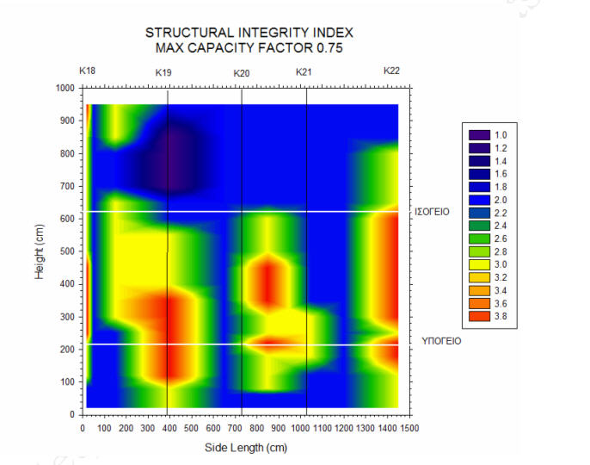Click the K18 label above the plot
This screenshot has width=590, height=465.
(x=87, y=70)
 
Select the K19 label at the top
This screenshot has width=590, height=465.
(x=163, y=72)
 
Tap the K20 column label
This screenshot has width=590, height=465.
(x=242, y=72)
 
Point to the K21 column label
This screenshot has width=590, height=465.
(x=304, y=72)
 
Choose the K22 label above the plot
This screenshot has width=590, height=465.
(x=391, y=70)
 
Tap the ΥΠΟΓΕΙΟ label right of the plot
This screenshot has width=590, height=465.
(x=440, y=341)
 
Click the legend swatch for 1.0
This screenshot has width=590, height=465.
(x=478, y=135)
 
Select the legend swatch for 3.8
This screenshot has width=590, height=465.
(x=478, y=317)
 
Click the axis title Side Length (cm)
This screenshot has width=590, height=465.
(x=245, y=448)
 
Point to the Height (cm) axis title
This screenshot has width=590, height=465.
(x=40, y=250)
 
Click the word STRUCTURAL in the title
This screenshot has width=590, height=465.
(x=185, y=33)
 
